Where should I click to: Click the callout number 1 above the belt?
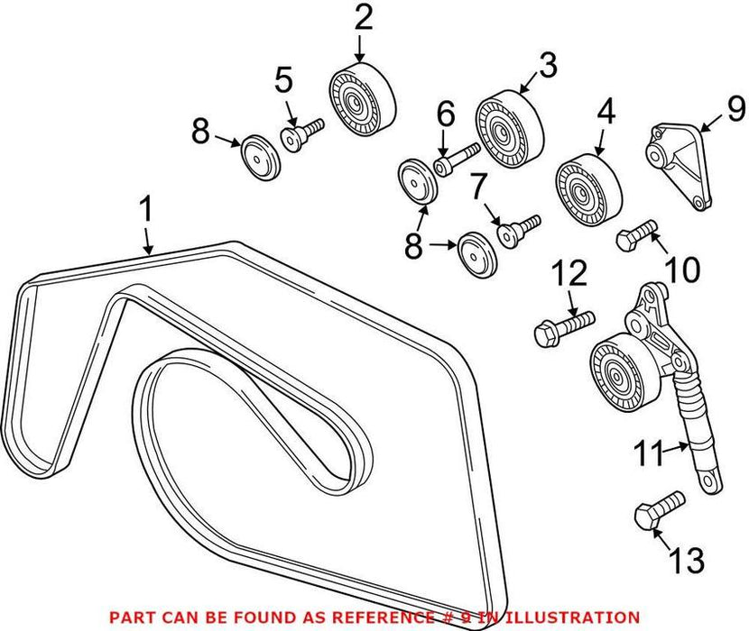pos(145,212)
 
